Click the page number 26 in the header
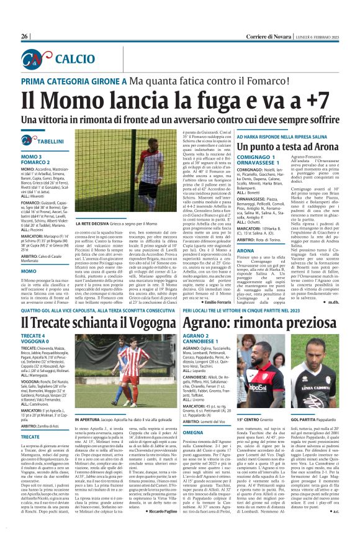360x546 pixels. (x=25, y=37)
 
